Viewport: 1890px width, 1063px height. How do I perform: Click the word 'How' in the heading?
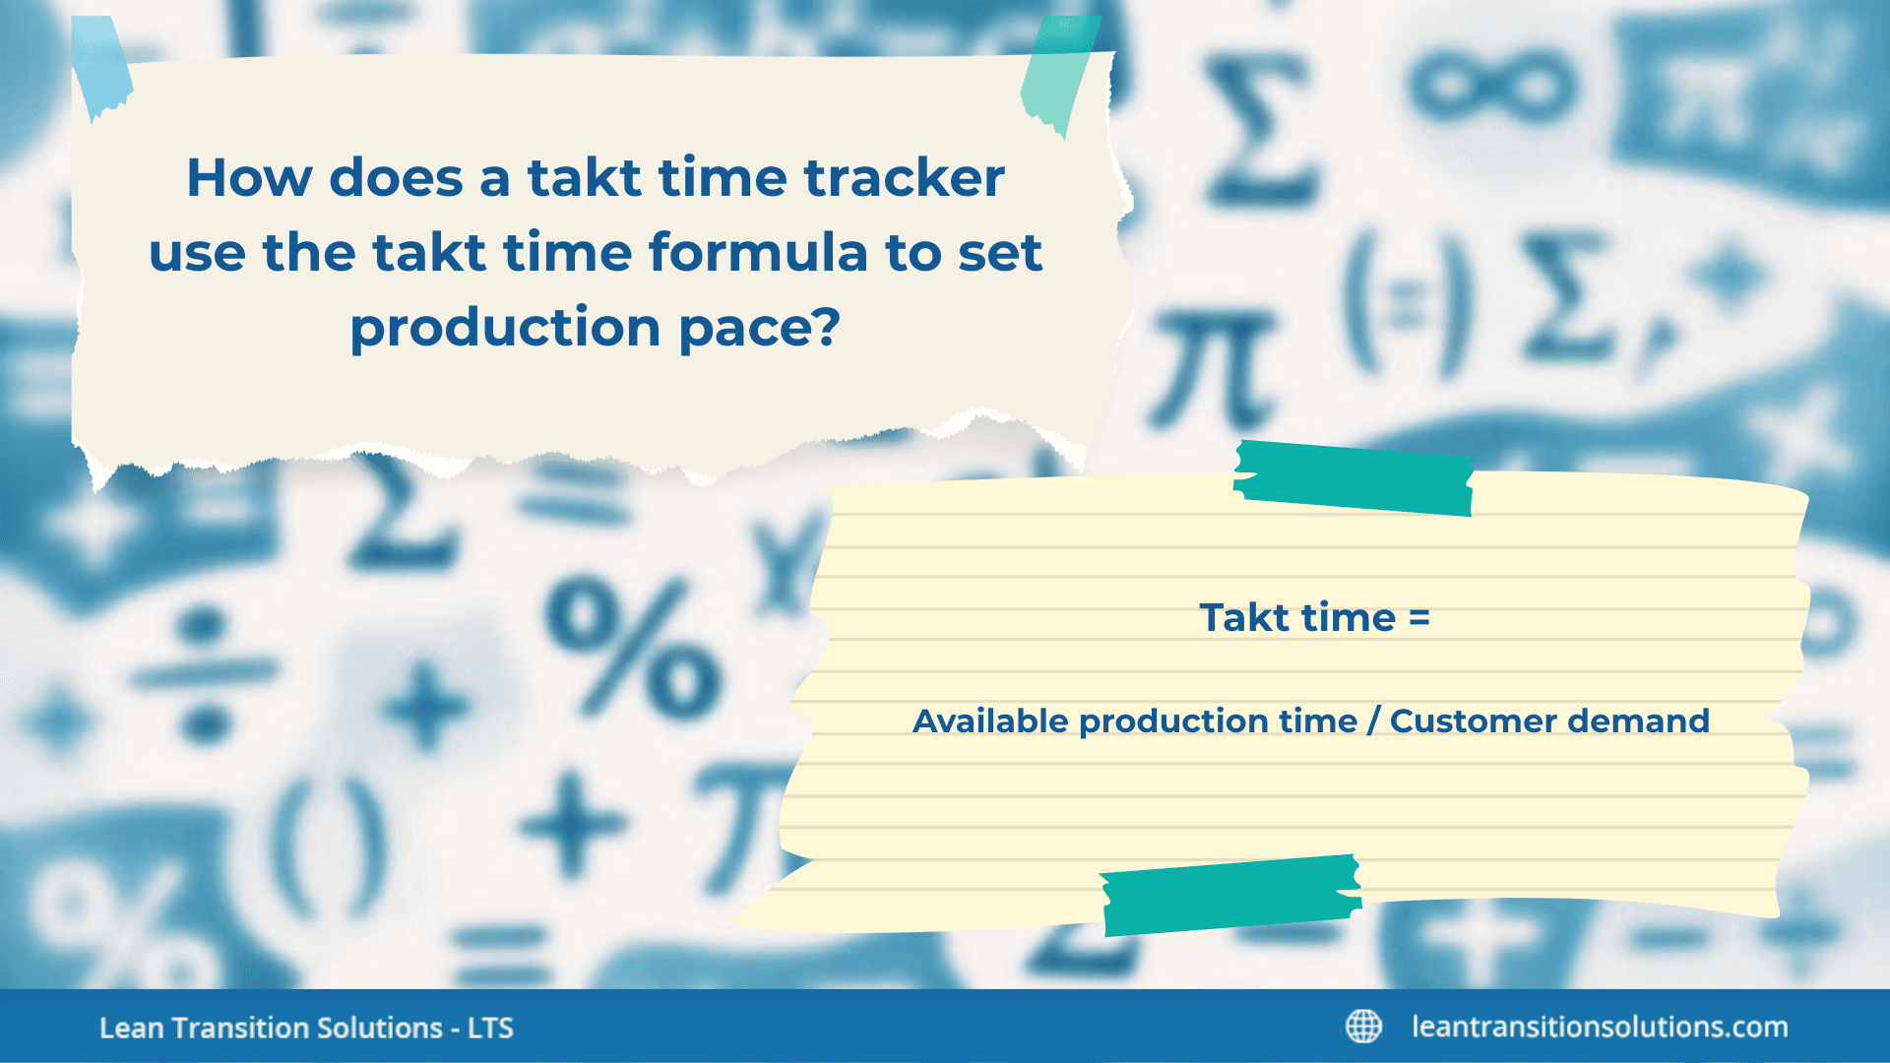pyautogui.click(x=249, y=179)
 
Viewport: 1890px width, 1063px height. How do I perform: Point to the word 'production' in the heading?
pyautogui.click(x=505, y=328)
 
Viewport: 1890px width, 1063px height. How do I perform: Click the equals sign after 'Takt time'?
pyautogui.click(x=1418, y=618)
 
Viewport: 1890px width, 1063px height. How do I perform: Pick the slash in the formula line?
pyautogui.click(x=1373, y=721)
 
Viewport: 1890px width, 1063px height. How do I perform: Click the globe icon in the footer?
pyautogui.click(x=1363, y=1027)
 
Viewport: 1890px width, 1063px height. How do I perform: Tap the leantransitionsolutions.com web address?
pyautogui.click(x=1600, y=1027)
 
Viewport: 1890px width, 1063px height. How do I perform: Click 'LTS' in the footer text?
pyautogui.click(x=490, y=1029)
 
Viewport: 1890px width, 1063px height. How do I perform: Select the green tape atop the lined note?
pyautogui.click(x=1354, y=478)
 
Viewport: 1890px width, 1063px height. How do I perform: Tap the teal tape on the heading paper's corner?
pyautogui.click(x=1058, y=74)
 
